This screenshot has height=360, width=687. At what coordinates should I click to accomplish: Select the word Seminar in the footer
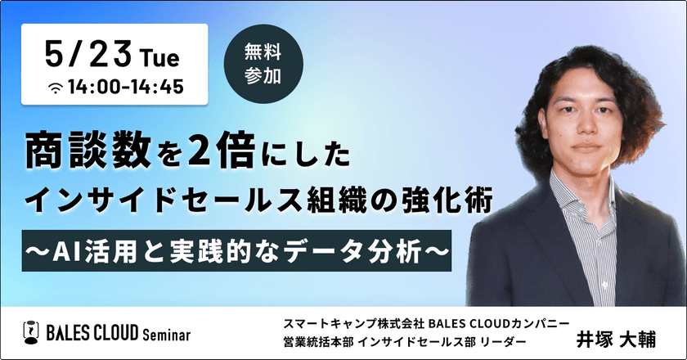160,334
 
